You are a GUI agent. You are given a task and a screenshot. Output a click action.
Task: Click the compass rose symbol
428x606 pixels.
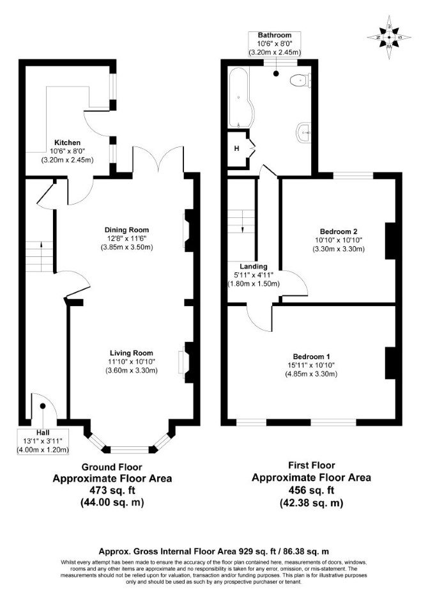tap(389, 37)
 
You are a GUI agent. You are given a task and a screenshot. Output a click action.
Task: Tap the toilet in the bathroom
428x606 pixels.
tap(300, 81)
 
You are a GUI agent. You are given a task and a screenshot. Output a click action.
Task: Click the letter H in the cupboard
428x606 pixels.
tap(236, 148)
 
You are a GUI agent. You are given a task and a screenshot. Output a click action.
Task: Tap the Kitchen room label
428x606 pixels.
tap(67, 143)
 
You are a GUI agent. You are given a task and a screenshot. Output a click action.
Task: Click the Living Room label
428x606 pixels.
tap(132, 353)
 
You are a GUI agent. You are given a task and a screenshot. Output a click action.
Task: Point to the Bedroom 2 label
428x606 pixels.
tap(339, 231)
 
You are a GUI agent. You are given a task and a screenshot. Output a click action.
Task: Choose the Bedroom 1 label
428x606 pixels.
tap(311, 356)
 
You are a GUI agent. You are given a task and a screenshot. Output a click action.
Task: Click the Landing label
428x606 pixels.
tap(254, 267)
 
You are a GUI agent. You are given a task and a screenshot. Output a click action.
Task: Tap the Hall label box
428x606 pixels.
tap(43, 441)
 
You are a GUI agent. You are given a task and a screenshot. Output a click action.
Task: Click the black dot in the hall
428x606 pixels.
tap(43, 406)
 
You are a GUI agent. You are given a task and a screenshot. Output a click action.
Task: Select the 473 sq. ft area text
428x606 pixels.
tap(112, 490)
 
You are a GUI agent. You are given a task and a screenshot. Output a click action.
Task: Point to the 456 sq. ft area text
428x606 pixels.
tap(311, 490)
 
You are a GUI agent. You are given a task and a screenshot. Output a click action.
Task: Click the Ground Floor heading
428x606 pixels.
tap(112, 467)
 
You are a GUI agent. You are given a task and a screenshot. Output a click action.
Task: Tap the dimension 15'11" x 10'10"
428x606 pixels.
tap(311, 365)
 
